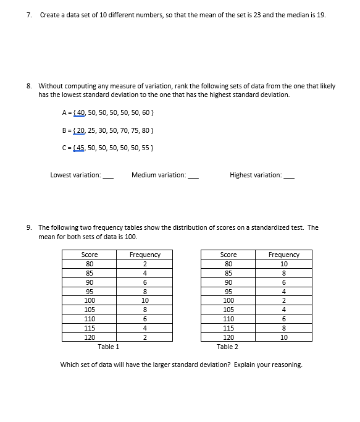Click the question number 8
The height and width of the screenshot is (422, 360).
click(29, 86)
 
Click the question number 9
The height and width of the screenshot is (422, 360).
click(29, 227)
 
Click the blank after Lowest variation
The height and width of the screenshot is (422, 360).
click(108, 176)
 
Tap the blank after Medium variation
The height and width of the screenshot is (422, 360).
click(193, 176)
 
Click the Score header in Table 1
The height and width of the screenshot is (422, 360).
click(90, 255)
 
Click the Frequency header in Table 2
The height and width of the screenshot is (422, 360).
click(284, 255)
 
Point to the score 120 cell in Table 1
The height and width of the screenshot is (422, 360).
click(90, 337)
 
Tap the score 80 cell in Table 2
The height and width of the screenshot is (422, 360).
click(228, 263)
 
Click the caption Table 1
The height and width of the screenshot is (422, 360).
click(109, 347)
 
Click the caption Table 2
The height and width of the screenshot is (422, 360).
click(228, 347)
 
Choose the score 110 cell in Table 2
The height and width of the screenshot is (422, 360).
click(228, 319)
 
